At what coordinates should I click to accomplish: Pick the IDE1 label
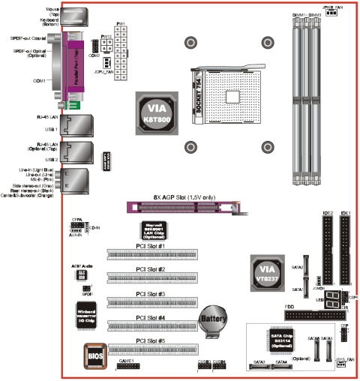click(345, 214)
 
